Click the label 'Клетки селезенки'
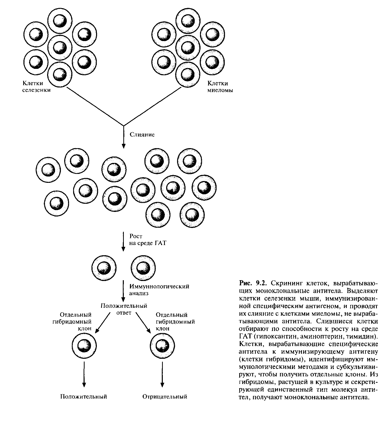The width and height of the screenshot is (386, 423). (36, 87)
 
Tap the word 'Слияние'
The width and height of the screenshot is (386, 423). (142, 134)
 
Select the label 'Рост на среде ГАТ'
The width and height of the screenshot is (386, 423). (148, 239)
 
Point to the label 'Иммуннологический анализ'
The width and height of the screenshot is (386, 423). (159, 290)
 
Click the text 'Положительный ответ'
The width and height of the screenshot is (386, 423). (124, 309)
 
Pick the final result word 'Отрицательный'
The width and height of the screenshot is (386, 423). (165, 396)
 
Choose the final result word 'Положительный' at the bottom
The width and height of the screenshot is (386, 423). (84, 396)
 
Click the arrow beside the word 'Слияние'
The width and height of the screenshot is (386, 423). (124, 138)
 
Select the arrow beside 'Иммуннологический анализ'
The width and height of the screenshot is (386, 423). (124, 291)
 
